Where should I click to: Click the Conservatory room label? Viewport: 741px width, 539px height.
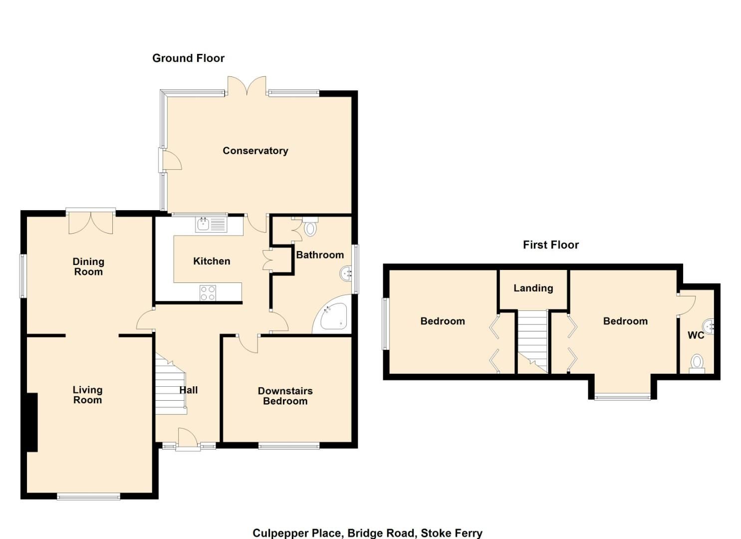click(255, 151)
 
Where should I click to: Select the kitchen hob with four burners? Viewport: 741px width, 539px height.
click(208, 293)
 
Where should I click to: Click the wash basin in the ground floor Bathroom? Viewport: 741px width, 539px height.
click(346, 273)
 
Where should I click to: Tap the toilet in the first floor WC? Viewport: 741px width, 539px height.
click(697, 363)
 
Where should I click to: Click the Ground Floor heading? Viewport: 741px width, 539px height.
click(188, 58)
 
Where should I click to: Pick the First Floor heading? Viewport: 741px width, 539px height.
click(550, 245)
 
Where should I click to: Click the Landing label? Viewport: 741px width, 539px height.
click(533, 288)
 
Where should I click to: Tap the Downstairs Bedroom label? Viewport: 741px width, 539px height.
click(285, 396)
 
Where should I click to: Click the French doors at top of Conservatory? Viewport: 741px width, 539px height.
click(247, 85)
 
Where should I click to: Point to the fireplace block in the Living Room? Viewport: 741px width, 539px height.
click(32, 422)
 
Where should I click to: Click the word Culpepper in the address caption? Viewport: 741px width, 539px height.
click(280, 533)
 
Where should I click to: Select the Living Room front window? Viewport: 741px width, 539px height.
click(88, 496)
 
